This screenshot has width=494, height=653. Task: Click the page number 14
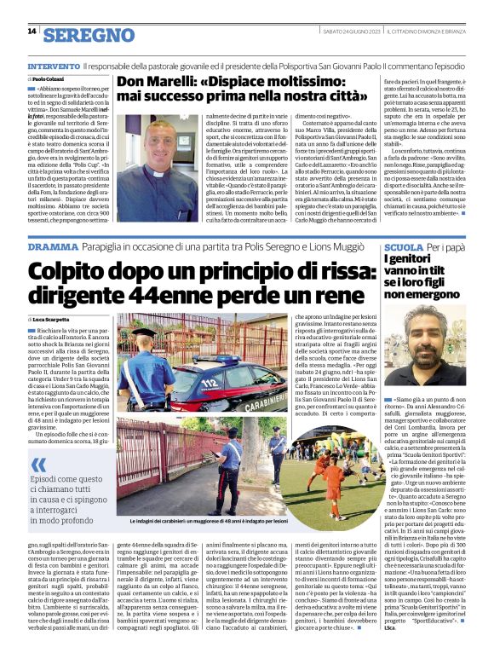click(32, 32)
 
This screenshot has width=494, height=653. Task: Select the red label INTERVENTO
click(55, 66)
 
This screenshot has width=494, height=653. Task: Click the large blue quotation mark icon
click(37, 465)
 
